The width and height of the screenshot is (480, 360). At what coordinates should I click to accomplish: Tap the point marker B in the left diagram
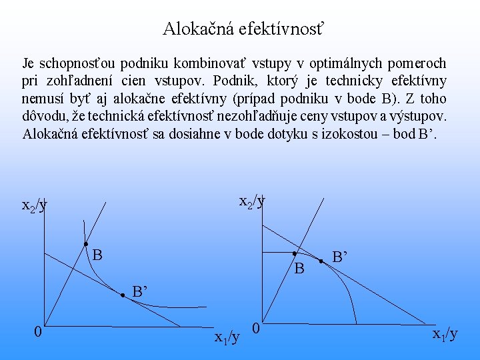point(86,245)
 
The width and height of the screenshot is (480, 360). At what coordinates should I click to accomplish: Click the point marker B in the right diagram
point(294,253)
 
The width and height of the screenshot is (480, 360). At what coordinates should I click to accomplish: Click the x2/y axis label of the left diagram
point(35,205)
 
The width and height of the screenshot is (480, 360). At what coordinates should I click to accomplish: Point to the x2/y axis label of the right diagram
point(252,200)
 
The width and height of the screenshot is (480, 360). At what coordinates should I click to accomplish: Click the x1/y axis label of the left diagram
point(227,337)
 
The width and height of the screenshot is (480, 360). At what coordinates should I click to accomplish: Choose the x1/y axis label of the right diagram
point(445,333)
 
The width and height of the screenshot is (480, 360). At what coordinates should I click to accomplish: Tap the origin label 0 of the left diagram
point(39,331)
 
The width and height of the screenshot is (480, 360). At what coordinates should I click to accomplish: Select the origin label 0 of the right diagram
point(257,328)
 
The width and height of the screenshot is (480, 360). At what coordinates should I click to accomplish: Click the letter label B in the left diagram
point(97,255)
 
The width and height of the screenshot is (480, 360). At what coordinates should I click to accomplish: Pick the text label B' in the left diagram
point(139,291)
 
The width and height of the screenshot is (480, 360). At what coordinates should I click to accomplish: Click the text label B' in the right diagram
point(340,255)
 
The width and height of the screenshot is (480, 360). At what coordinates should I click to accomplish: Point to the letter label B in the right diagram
point(299,269)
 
